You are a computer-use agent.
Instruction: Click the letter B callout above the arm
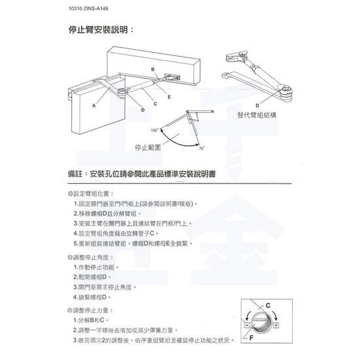pyautogui.click(x=152, y=69)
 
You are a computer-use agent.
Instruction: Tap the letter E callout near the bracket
pyautogui.click(x=169, y=96)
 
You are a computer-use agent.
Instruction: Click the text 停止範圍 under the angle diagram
pyautogui.click(x=148, y=147)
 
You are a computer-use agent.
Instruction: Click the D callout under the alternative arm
pyautogui.click(x=258, y=105)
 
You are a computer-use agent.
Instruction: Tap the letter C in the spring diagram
pyautogui.click(x=269, y=306)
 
